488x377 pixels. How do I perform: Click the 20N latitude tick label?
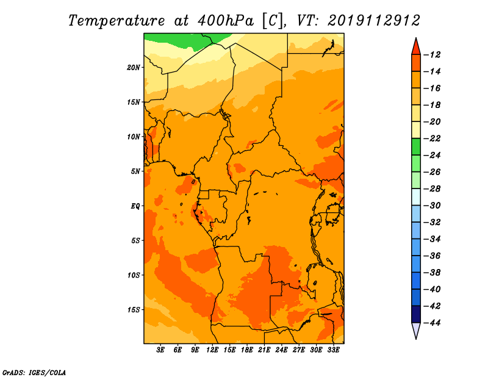point(134,67)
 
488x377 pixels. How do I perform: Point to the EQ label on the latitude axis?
point(135,206)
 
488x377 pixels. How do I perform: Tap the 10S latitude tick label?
point(134,275)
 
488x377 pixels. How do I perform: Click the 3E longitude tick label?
point(161,350)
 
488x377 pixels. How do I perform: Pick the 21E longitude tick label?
point(264,350)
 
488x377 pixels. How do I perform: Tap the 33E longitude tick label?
point(333,350)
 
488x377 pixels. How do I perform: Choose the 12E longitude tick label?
point(213,350)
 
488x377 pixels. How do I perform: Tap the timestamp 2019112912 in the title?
point(374,20)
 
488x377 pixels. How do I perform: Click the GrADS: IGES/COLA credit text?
point(34,372)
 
